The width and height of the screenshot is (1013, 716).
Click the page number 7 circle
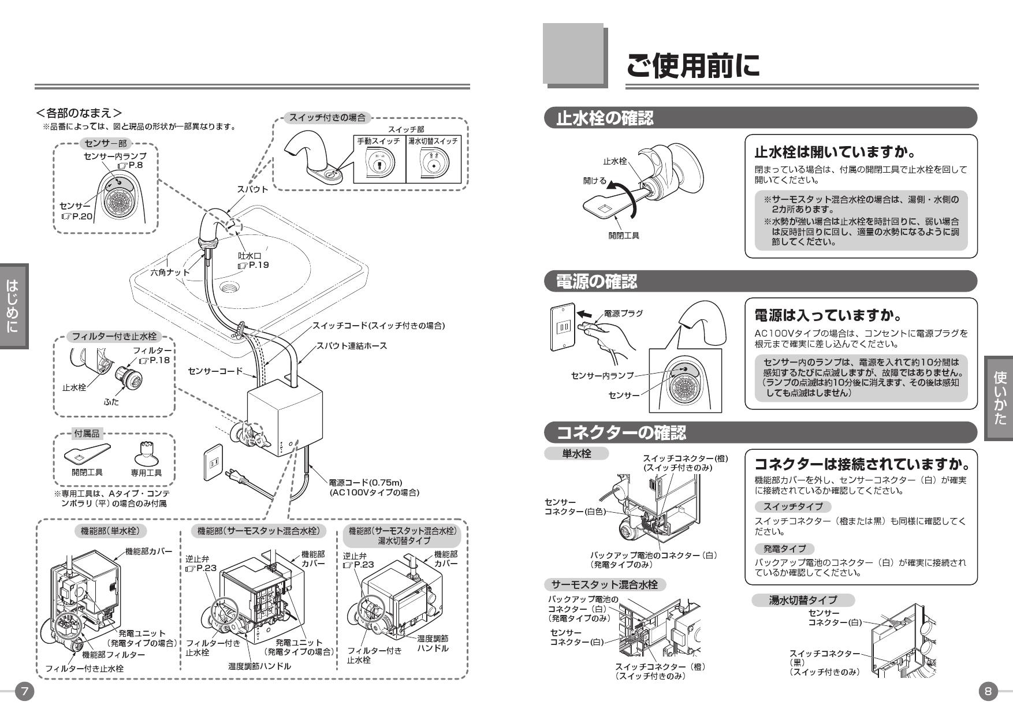point(25,691)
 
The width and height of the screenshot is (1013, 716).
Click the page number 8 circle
point(988,691)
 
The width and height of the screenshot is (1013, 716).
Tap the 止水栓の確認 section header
point(605,118)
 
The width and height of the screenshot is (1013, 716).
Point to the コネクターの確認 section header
point(621,432)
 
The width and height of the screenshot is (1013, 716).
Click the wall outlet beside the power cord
point(213,463)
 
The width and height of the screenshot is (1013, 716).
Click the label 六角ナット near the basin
point(170,272)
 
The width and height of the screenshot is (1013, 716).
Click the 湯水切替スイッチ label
point(433,141)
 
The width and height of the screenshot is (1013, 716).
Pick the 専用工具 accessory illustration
point(146,453)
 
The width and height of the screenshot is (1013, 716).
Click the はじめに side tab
point(13,306)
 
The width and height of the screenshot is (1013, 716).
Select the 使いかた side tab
point(1000,398)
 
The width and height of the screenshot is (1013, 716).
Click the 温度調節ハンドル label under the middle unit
point(259,666)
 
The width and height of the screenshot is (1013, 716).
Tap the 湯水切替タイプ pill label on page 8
point(802,601)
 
